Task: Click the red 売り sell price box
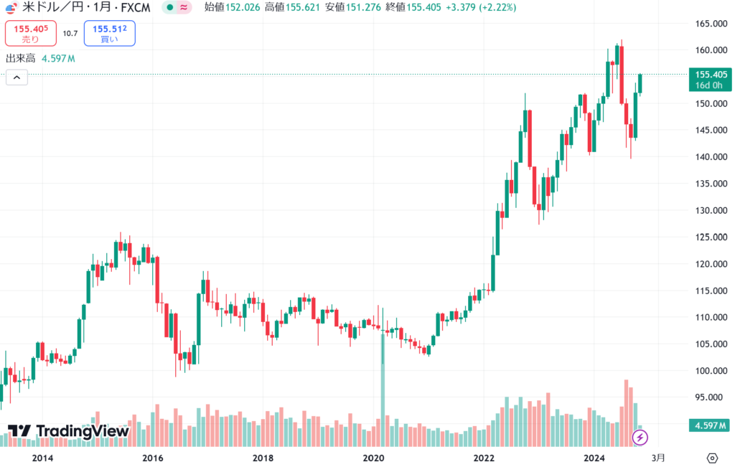(x=30, y=34)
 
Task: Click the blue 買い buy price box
(x=109, y=34)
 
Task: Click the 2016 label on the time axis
(x=153, y=458)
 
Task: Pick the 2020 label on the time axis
(x=374, y=458)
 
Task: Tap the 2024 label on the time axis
(x=594, y=458)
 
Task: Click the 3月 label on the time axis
(x=657, y=458)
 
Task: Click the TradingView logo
(x=69, y=431)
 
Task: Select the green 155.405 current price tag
(x=707, y=74)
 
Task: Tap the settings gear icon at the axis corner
(x=712, y=458)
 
